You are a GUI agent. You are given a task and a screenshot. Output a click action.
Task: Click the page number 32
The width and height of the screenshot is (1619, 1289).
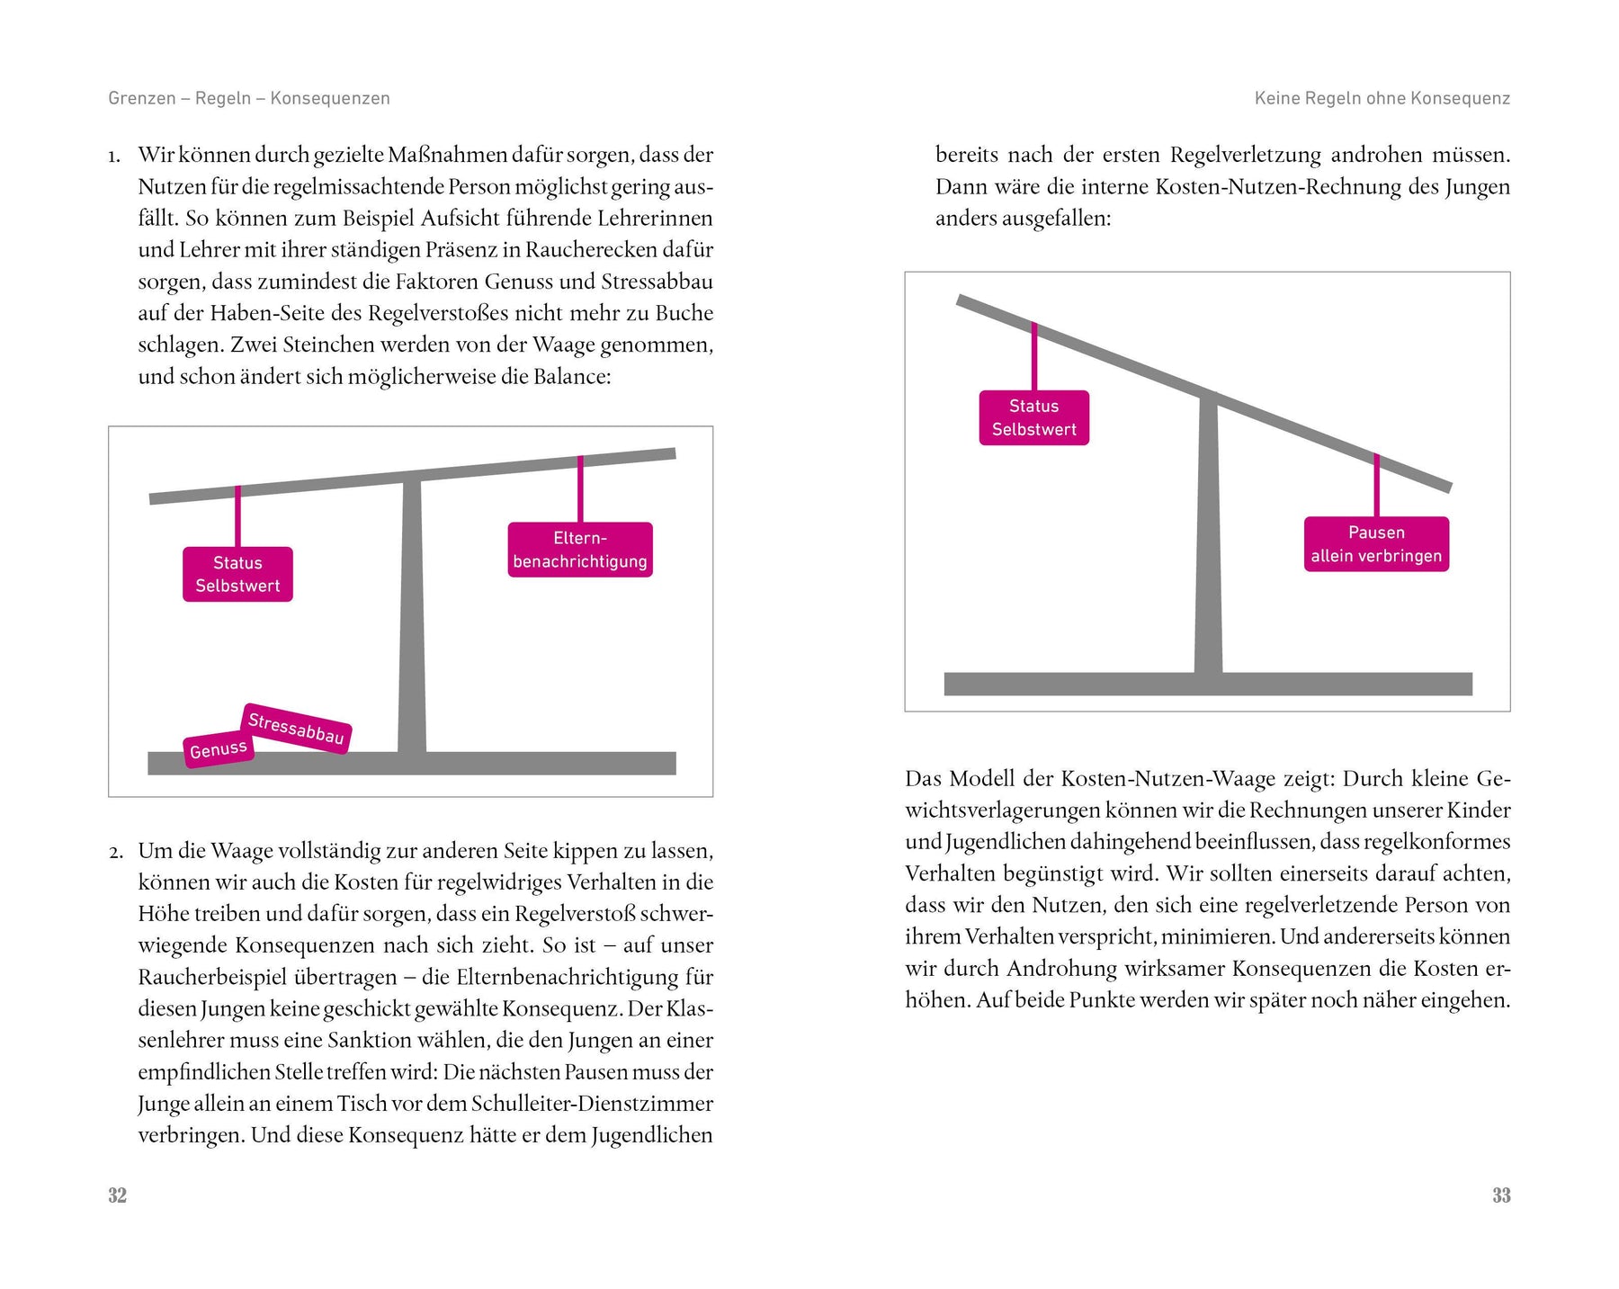click(x=117, y=1195)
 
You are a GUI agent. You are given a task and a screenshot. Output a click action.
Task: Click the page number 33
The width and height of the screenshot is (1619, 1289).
click(x=1501, y=1195)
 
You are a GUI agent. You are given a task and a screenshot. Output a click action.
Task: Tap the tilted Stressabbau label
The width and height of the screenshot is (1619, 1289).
click(x=296, y=728)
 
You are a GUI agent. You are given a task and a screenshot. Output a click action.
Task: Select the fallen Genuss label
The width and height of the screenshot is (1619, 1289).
click(x=219, y=749)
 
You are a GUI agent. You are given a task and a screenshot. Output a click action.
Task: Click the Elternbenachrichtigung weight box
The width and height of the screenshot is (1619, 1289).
click(x=580, y=550)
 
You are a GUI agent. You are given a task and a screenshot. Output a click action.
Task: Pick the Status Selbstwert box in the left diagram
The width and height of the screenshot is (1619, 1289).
click(x=237, y=574)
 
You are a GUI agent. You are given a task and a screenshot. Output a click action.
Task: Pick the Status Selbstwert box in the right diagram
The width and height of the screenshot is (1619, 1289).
click(x=1033, y=417)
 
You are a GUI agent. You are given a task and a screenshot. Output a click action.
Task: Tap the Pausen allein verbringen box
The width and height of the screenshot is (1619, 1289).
click(x=1376, y=544)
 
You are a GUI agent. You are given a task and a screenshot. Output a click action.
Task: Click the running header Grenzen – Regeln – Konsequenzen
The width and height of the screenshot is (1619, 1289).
click(x=249, y=98)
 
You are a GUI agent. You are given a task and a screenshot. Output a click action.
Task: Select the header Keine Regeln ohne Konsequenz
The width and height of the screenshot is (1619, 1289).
click(x=1382, y=98)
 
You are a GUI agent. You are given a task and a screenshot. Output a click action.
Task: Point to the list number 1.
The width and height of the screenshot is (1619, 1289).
click(x=114, y=157)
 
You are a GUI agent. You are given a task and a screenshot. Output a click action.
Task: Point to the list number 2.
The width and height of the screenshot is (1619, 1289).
click(x=115, y=852)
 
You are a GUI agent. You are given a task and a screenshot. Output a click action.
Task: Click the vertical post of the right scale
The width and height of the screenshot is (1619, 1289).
click(x=1208, y=540)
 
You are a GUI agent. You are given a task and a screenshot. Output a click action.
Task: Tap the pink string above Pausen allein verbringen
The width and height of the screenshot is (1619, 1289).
click(x=1376, y=487)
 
